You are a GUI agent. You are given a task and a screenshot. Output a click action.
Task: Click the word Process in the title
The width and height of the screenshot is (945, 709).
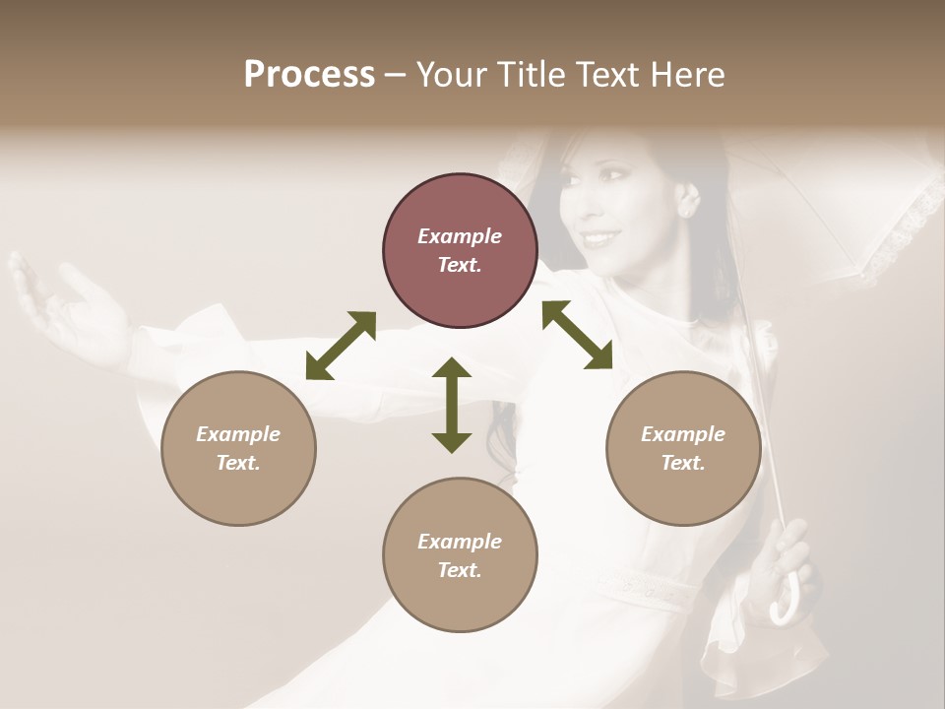(x=309, y=75)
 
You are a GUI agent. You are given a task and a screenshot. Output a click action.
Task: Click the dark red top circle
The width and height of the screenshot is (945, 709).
(x=460, y=251)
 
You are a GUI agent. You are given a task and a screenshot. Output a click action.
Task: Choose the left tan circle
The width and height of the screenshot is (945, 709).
(x=238, y=448)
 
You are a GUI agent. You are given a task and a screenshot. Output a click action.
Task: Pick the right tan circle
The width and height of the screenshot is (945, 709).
(x=683, y=448)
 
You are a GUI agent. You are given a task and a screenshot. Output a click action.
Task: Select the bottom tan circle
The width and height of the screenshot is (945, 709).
(x=460, y=555)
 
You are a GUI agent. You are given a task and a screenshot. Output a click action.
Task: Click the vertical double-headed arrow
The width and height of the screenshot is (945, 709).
(x=452, y=405)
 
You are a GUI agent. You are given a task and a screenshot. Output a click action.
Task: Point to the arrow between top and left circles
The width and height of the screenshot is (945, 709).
(x=341, y=345)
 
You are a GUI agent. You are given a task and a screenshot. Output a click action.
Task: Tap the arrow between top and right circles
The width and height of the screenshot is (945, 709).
(x=577, y=335)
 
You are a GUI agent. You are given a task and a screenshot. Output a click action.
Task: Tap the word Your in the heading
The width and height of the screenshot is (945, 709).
(x=456, y=75)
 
